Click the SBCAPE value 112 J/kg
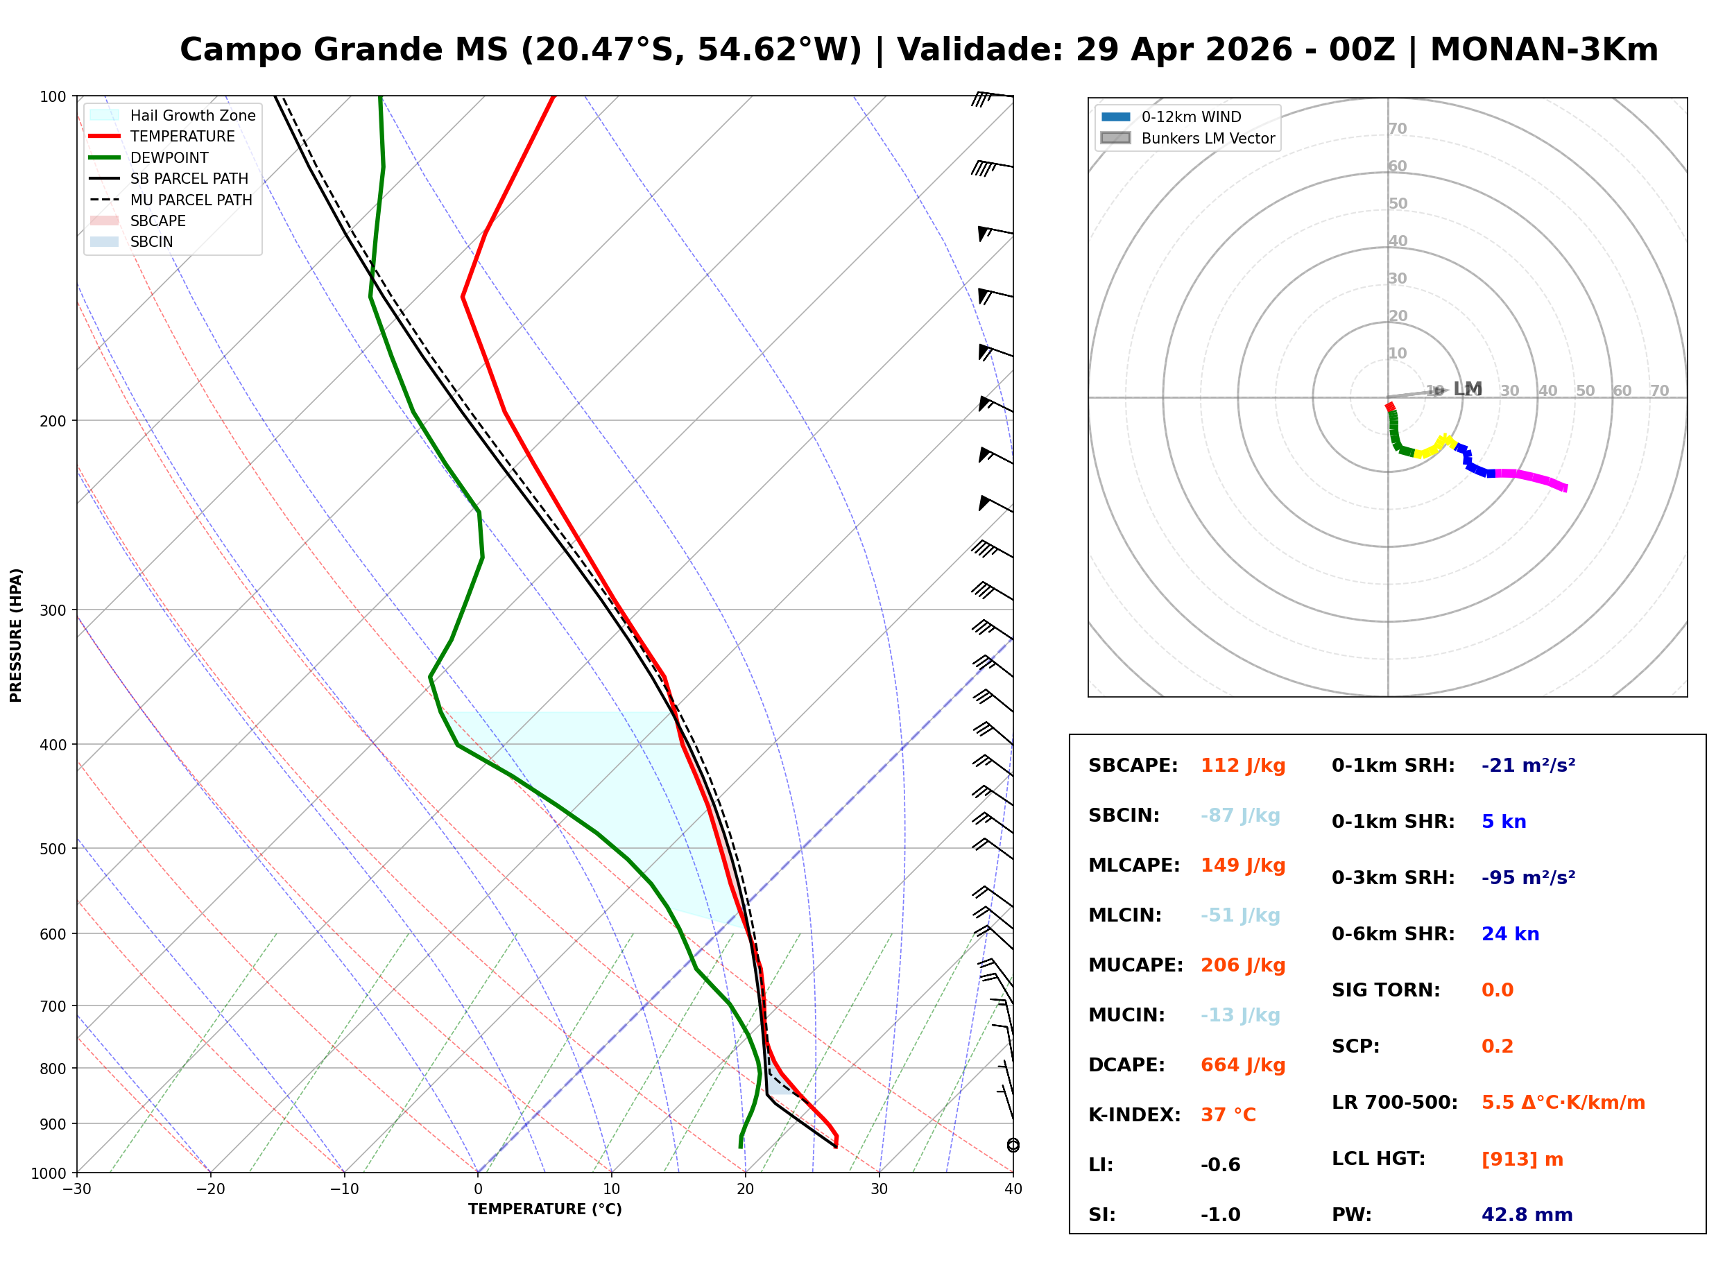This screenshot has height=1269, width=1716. click(x=1242, y=766)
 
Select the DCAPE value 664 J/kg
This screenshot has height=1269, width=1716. click(x=1242, y=1065)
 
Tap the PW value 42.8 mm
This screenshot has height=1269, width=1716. click(x=1526, y=1215)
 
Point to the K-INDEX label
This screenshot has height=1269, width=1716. click(x=1134, y=1115)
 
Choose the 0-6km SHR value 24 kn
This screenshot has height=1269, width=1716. click(x=1509, y=934)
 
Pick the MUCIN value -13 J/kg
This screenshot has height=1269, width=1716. click(x=1239, y=1015)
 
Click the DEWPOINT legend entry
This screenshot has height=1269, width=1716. click(x=169, y=157)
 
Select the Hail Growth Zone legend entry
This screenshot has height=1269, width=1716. click(x=192, y=115)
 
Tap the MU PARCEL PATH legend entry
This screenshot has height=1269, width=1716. click(x=191, y=200)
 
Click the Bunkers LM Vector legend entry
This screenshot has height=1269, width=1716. click(x=1207, y=138)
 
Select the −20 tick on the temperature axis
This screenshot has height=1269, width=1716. click(x=209, y=1189)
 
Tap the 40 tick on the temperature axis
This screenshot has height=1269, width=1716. click(x=1013, y=1189)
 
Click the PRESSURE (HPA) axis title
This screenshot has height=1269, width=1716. click(x=15, y=635)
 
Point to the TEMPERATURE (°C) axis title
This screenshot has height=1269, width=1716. click(x=544, y=1209)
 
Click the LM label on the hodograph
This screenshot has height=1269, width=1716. click(x=1467, y=389)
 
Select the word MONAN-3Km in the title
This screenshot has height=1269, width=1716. click(x=1544, y=50)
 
